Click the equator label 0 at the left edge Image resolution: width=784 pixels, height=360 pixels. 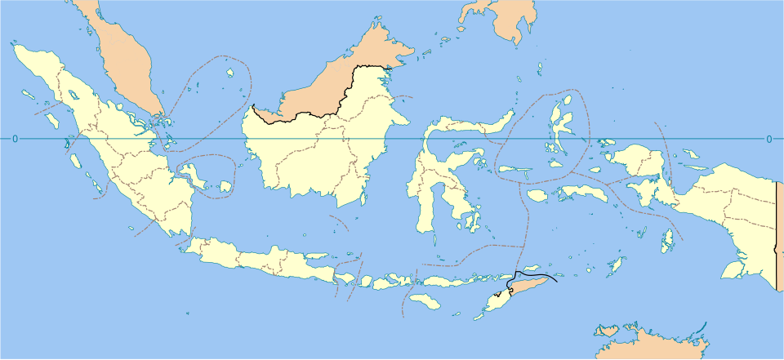coord(15,139)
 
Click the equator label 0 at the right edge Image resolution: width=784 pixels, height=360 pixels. coord(768,139)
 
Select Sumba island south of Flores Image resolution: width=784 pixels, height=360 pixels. coord(425,302)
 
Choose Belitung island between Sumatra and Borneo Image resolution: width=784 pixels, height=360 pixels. coord(225,187)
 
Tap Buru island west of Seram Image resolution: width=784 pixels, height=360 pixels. coord(537,195)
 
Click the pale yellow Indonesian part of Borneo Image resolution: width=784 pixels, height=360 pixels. coord(318,155)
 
